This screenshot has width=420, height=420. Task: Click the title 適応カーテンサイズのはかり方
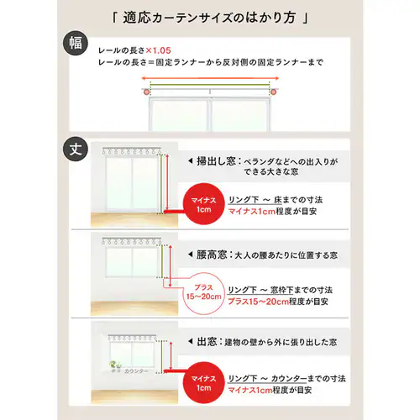click(210, 16)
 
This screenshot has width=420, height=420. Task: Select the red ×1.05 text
click(160, 50)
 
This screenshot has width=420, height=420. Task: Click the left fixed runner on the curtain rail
click(148, 87)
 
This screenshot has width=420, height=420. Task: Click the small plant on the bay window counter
click(114, 366)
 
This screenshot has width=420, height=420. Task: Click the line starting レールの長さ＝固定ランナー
click(210, 63)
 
